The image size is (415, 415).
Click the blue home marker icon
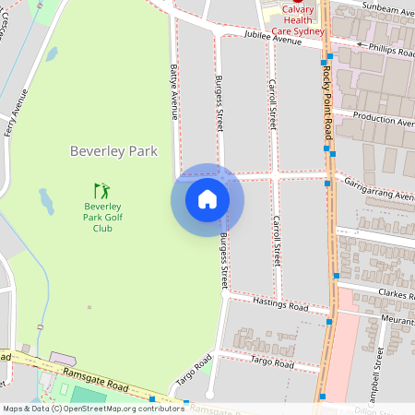[x=207, y=199]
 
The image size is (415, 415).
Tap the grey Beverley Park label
[x=113, y=150]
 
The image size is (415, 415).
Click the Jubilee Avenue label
[x=274, y=39]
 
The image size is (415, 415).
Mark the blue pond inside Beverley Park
[x=46, y=198]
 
